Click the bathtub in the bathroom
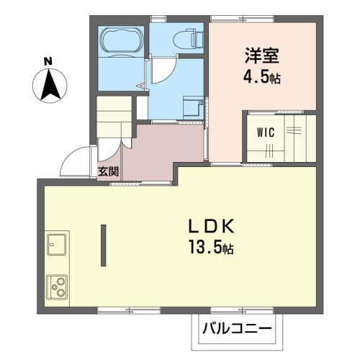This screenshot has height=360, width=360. coord(122,40)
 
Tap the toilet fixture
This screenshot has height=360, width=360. coord(188,38)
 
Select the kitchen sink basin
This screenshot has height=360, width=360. coord(57,244)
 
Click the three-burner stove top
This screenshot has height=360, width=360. coord(57,287)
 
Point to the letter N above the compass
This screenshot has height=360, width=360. coord(48,62)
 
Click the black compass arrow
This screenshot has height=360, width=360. coord(50,84)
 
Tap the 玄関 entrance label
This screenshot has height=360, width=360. coord(109,171)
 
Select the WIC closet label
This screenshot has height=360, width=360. coord(266,132)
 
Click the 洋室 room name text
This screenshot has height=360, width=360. coord(262,55)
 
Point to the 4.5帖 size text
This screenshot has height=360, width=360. coord(262,77)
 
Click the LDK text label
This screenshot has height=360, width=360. coord(211,226)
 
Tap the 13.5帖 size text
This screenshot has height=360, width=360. coord(211,247)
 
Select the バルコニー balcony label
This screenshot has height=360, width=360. coord(237,328)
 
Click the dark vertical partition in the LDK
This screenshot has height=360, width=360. coord(104,245)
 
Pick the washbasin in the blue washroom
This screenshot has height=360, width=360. coord(193,107)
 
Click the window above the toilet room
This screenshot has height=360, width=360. coord(158,19)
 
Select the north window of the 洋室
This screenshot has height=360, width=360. coord(243,19)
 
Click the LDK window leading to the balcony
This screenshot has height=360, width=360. coord(243,310)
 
